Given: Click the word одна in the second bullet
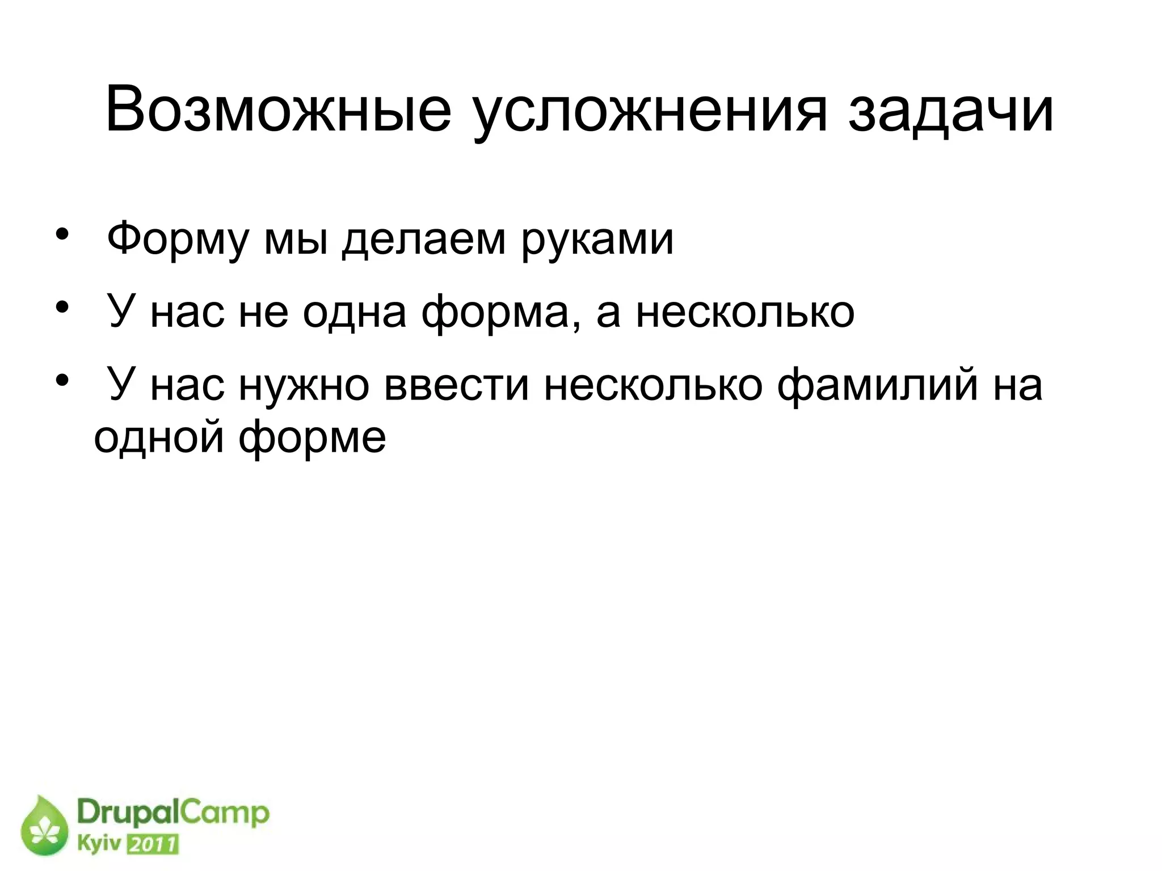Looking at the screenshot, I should (354, 312).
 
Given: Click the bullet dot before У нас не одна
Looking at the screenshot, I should (62, 308).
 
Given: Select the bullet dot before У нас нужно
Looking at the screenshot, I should (62, 381).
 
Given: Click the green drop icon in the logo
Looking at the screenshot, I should (44, 825).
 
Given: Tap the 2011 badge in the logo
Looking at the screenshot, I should (152, 845).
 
